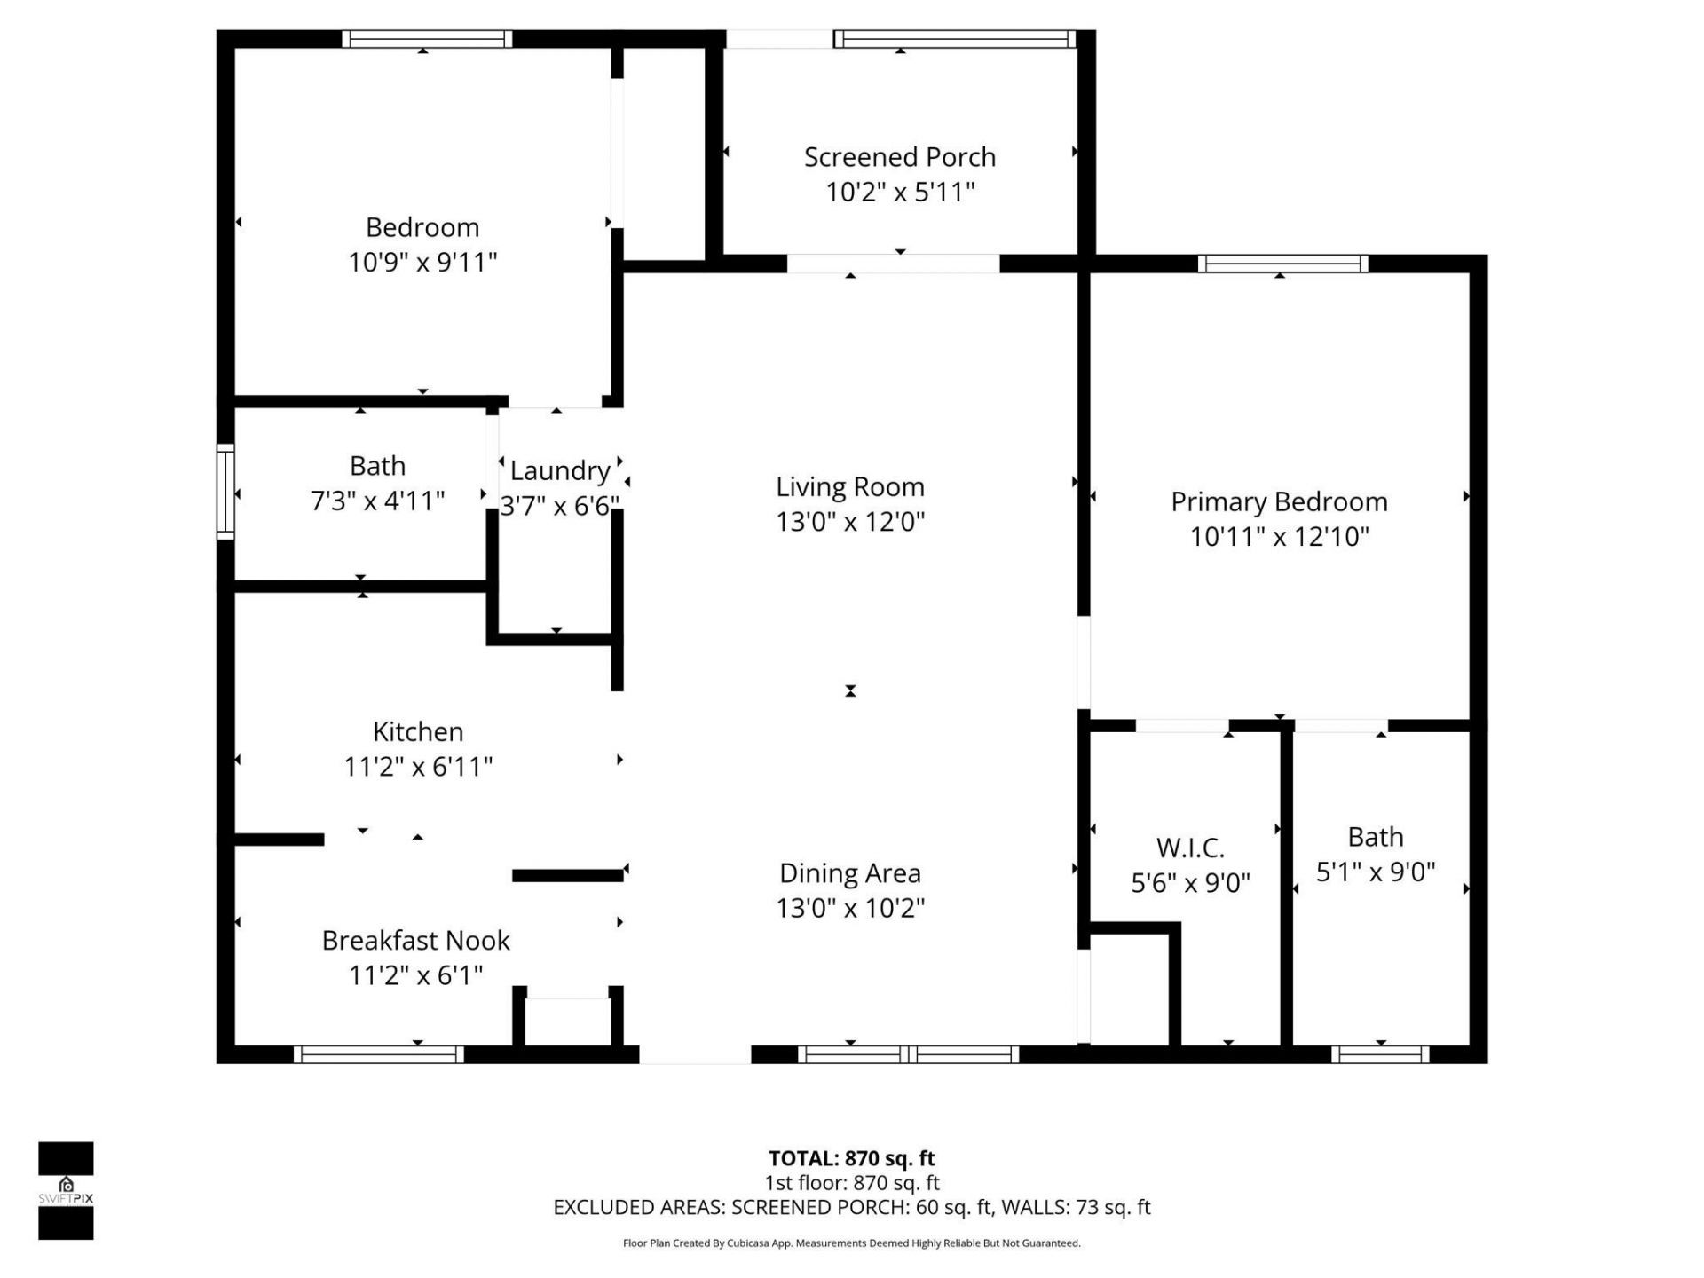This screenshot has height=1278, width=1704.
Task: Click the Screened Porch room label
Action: point(899,157)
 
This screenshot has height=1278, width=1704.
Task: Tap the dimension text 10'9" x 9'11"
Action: point(422,263)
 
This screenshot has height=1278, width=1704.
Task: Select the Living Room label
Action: point(849,486)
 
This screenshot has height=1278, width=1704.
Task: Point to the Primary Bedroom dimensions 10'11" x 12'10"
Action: point(1279,537)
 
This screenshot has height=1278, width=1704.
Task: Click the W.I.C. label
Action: point(1190,848)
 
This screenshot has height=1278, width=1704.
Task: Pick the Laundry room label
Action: point(559,470)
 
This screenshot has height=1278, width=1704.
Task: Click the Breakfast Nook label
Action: point(415,940)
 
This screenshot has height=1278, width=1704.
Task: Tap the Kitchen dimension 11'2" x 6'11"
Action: point(417,767)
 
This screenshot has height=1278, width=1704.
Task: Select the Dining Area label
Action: point(849,873)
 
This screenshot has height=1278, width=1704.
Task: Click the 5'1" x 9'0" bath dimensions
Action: point(1375,872)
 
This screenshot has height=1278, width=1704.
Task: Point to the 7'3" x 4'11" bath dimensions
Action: point(377,501)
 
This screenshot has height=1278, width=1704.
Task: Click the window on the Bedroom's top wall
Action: point(427,39)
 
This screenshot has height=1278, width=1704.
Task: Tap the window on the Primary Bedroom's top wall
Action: point(1282,264)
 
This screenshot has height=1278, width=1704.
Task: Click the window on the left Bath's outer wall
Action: point(225,492)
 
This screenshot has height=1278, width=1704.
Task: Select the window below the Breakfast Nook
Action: point(379,1054)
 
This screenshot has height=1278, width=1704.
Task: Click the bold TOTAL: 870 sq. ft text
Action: point(851,1158)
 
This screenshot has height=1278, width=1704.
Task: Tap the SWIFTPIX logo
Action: point(66,1190)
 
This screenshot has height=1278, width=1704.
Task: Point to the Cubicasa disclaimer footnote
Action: point(851,1243)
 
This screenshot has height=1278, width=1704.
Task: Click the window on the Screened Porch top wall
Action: point(954,39)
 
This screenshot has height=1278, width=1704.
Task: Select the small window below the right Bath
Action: point(1380,1054)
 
